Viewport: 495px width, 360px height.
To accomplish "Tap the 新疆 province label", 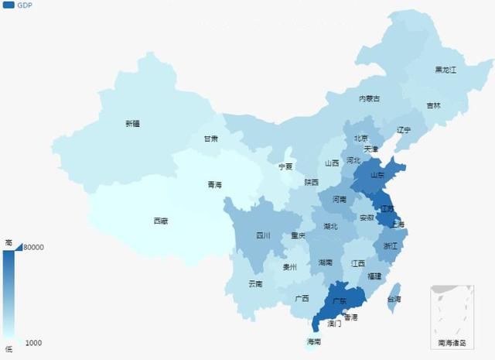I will (132, 123).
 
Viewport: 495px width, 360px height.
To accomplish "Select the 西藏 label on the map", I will (159, 221).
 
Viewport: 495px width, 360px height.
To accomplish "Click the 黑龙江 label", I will (445, 70).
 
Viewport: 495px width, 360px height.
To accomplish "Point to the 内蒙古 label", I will (369, 98).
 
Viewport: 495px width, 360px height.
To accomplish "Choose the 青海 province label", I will (214, 184).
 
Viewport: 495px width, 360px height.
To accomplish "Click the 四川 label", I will (263, 235).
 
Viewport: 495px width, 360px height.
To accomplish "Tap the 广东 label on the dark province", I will (339, 300).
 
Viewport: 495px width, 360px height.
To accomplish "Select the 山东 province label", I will (377, 175).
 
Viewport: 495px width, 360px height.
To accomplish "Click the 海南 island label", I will (313, 341).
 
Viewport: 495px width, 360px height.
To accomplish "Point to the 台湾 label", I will (394, 299).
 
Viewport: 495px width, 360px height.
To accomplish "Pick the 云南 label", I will (256, 283).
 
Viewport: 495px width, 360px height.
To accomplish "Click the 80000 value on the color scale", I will (32, 248).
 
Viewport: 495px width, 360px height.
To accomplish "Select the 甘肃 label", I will (210, 139).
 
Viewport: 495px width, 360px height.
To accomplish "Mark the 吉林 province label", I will (433, 106).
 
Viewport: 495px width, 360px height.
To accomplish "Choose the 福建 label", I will (374, 276).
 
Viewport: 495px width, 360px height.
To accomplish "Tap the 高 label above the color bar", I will (8, 242).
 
